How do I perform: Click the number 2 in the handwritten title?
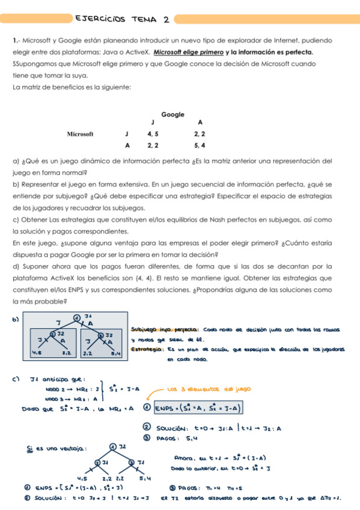point(165,19)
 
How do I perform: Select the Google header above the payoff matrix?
point(172,114)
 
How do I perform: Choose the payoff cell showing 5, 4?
point(200,146)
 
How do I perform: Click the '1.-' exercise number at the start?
point(16,41)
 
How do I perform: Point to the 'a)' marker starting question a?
point(16,161)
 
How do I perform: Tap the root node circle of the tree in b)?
point(77,317)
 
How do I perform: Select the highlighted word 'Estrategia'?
point(142,349)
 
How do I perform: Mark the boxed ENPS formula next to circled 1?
point(197,408)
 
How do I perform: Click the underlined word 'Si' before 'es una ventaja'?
point(30,448)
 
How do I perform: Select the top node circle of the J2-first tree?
point(113,446)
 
